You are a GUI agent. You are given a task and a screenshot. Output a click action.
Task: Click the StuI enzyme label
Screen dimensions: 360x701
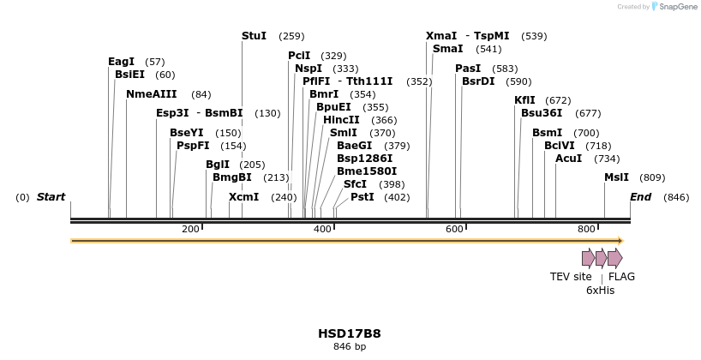255,36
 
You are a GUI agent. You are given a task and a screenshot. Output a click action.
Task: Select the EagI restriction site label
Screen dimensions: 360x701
122,62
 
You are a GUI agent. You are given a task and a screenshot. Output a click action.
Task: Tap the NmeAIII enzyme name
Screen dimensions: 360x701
152,94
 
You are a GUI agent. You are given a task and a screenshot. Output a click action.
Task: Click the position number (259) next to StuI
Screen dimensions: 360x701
291,36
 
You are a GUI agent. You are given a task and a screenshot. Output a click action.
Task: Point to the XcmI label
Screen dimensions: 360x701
244,197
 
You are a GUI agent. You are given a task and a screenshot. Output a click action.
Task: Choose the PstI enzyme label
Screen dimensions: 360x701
362,196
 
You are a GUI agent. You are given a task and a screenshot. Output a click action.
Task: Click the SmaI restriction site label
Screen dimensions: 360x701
447,49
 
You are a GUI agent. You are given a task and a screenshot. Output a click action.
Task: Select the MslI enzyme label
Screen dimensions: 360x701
616,177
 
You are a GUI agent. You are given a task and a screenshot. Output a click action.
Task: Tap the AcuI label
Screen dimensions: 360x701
569,159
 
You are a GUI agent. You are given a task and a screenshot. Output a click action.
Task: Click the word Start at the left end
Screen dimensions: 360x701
51,197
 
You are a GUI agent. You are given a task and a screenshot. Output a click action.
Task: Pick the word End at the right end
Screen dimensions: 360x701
640,197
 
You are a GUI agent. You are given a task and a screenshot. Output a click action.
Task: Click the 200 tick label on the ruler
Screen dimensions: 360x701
190,229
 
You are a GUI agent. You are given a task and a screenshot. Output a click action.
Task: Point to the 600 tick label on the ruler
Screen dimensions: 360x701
454,229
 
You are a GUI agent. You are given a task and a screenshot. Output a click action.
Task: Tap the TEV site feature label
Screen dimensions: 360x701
571,277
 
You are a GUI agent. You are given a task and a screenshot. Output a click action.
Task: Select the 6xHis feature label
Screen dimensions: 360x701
600,291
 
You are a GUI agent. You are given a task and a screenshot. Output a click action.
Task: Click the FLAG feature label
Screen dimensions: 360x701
621,277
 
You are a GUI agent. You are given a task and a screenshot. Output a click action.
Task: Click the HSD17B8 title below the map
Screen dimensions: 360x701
349,333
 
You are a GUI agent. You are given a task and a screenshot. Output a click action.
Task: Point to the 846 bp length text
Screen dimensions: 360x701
349,346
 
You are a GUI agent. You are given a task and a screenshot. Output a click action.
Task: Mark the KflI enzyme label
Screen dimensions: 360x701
524,100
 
